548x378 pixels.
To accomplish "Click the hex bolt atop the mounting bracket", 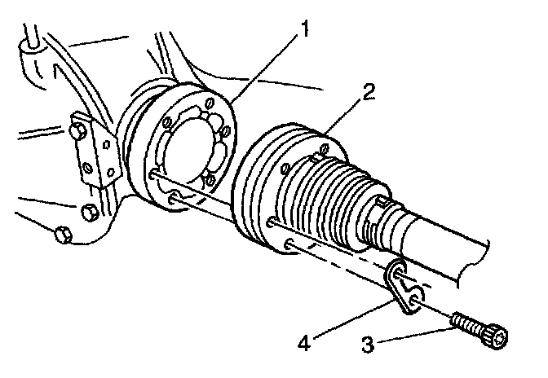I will pyautogui.click(x=79, y=128).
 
